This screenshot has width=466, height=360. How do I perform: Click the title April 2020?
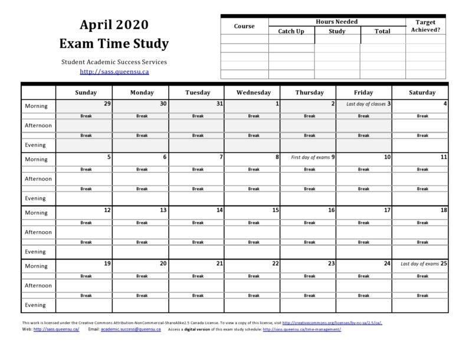(x=114, y=25)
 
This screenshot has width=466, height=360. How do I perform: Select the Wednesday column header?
(x=254, y=93)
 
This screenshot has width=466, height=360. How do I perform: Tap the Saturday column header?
(x=422, y=93)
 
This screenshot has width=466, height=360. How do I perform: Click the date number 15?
(x=275, y=210)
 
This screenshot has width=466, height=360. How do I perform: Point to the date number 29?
(x=107, y=103)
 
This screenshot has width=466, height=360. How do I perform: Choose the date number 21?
(x=219, y=264)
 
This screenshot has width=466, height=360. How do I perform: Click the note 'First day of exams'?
(x=311, y=158)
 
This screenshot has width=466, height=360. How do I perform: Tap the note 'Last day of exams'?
(x=419, y=264)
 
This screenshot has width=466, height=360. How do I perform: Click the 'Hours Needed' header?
(x=337, y=21)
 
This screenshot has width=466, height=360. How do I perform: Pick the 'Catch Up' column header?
(x=291, y=31)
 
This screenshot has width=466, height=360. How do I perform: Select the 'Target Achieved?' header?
(x=426, y=26)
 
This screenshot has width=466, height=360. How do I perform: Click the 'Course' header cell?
(x=244, y=26)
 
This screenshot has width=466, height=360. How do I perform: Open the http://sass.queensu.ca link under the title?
(x=114, y=72)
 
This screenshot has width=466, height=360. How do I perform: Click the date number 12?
(x=107, y=210)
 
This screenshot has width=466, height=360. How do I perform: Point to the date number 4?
(x=445, y=103)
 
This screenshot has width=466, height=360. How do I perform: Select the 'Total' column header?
(x=383, y=31)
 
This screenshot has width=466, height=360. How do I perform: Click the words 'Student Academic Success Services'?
(x=114, y=61)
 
